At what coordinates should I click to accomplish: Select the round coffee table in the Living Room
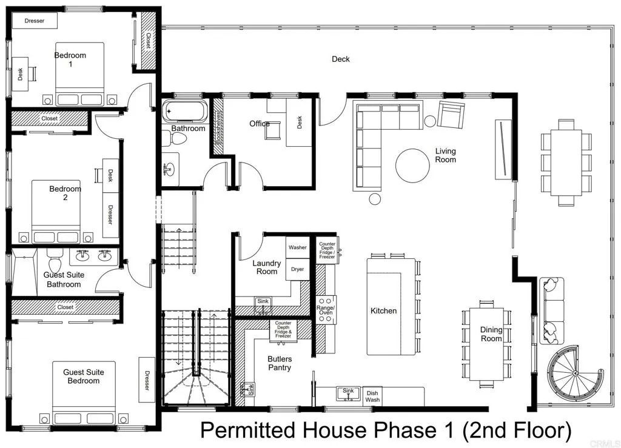coord(414,164)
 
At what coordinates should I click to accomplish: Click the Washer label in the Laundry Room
coord(297,247)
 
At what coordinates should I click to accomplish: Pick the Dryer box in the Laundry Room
coord(297,269)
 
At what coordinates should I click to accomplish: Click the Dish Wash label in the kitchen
coord(372,396)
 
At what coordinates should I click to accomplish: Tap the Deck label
coord(340,59)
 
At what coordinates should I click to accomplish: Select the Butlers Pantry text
coord(280,363)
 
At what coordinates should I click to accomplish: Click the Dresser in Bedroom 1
coord(35,21)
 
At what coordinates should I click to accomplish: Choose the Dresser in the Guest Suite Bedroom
coord(146,379)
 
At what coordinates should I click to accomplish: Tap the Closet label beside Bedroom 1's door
coord(149,41)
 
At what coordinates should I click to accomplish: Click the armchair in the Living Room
coord(450,115)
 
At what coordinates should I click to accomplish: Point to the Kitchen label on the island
coord(383,311)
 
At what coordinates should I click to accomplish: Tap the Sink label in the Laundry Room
coord(262,301)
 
